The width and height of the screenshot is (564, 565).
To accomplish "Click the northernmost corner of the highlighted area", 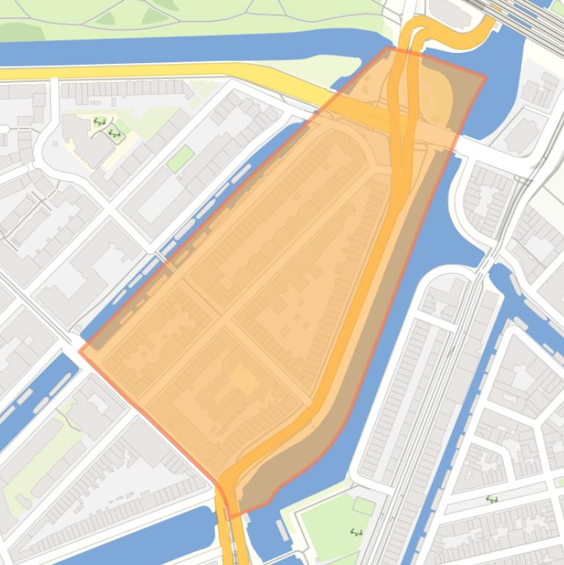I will (389, 48).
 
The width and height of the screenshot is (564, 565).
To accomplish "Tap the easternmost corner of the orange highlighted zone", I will (486, 76).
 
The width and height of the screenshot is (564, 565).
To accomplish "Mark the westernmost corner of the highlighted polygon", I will (80, 351).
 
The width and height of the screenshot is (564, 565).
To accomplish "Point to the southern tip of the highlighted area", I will (230, 518).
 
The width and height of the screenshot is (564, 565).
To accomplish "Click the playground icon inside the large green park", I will (357, 532).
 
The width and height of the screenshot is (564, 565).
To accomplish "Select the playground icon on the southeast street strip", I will (492, 499).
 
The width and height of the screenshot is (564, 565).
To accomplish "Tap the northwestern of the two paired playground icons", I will (99, 122).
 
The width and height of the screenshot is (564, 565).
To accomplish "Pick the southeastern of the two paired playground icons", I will (114, 133).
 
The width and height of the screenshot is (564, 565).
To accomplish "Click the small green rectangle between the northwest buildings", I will (180, 158).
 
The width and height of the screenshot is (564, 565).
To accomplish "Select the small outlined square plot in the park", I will (363, 506).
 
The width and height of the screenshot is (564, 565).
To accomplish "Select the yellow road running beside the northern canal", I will (147, 71).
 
